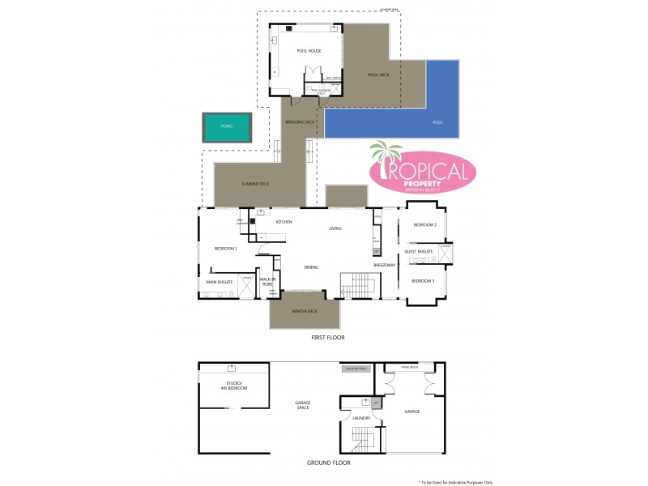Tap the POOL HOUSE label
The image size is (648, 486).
click(309, 51)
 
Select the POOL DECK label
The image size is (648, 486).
click(379, 75)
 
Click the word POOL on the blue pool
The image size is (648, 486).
click(438, 123)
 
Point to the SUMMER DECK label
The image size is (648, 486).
click(255, 184)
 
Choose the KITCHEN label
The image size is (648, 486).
click(283, 222)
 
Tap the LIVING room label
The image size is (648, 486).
click(335, 229)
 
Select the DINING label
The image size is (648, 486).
click(311, 266)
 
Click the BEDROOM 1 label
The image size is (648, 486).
click(225, 248)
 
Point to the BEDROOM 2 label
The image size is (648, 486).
click(425, 225)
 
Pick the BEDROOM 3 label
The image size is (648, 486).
click(423, 280)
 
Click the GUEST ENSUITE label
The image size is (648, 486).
click(419, 252)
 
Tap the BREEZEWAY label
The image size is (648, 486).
click(384, 266)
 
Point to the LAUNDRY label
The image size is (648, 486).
click(361, 418)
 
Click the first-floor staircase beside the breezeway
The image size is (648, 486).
click(359, 284)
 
